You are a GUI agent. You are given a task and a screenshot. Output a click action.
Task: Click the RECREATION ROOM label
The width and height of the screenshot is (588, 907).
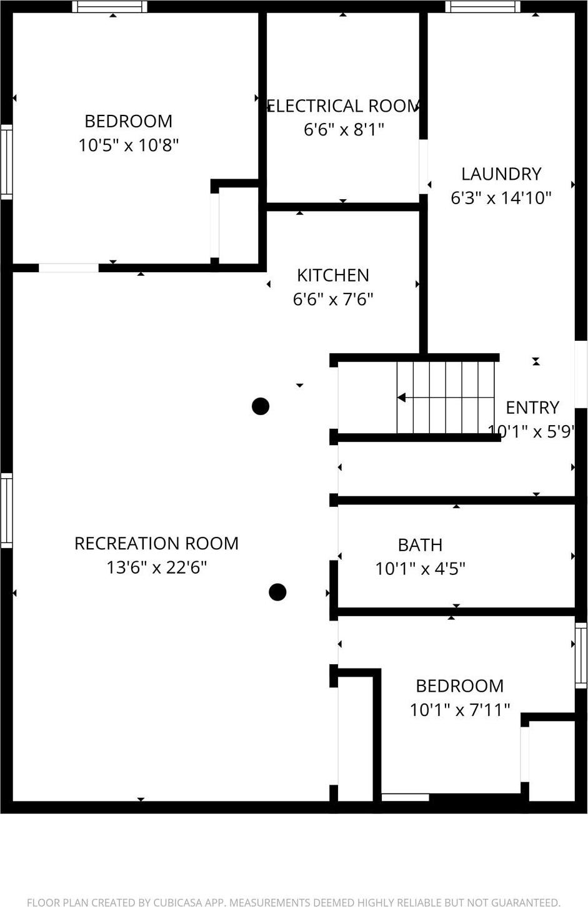156,543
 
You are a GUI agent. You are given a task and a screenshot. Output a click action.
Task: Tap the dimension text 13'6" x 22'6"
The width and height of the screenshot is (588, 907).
156,567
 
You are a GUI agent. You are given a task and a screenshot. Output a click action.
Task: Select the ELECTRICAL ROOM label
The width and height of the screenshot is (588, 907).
343,106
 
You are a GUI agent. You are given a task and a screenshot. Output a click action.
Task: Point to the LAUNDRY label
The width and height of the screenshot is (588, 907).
501,174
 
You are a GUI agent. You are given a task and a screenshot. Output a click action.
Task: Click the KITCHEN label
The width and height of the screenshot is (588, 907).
332,275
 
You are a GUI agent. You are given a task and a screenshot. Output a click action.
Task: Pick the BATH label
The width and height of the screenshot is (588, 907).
420,545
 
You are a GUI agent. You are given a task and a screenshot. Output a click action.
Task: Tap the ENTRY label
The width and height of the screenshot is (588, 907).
532,408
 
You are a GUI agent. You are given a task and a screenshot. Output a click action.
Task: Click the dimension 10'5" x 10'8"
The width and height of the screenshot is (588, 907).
128,145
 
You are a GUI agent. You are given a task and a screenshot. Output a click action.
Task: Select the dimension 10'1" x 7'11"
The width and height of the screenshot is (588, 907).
459,710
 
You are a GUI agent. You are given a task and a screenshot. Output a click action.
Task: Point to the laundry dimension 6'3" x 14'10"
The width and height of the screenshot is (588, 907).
501,198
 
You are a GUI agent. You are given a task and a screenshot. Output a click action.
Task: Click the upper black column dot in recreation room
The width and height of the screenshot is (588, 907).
261,406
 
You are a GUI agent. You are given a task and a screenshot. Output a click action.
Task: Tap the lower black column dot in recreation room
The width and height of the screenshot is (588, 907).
277,592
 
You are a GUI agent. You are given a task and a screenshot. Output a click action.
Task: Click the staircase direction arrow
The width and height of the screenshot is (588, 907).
401,398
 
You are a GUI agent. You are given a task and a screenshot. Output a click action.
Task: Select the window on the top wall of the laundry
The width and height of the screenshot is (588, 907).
482,7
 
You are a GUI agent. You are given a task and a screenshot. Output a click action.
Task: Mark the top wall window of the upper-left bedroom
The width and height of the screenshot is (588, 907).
110,7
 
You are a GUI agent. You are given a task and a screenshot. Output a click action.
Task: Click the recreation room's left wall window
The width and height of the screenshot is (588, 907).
6,511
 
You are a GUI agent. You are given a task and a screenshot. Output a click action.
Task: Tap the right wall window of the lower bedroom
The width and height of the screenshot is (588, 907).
581,655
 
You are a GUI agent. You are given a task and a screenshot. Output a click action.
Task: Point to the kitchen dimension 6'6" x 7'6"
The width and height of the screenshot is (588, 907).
332,300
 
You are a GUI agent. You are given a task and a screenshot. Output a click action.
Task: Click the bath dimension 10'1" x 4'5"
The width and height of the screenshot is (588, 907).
420,569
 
